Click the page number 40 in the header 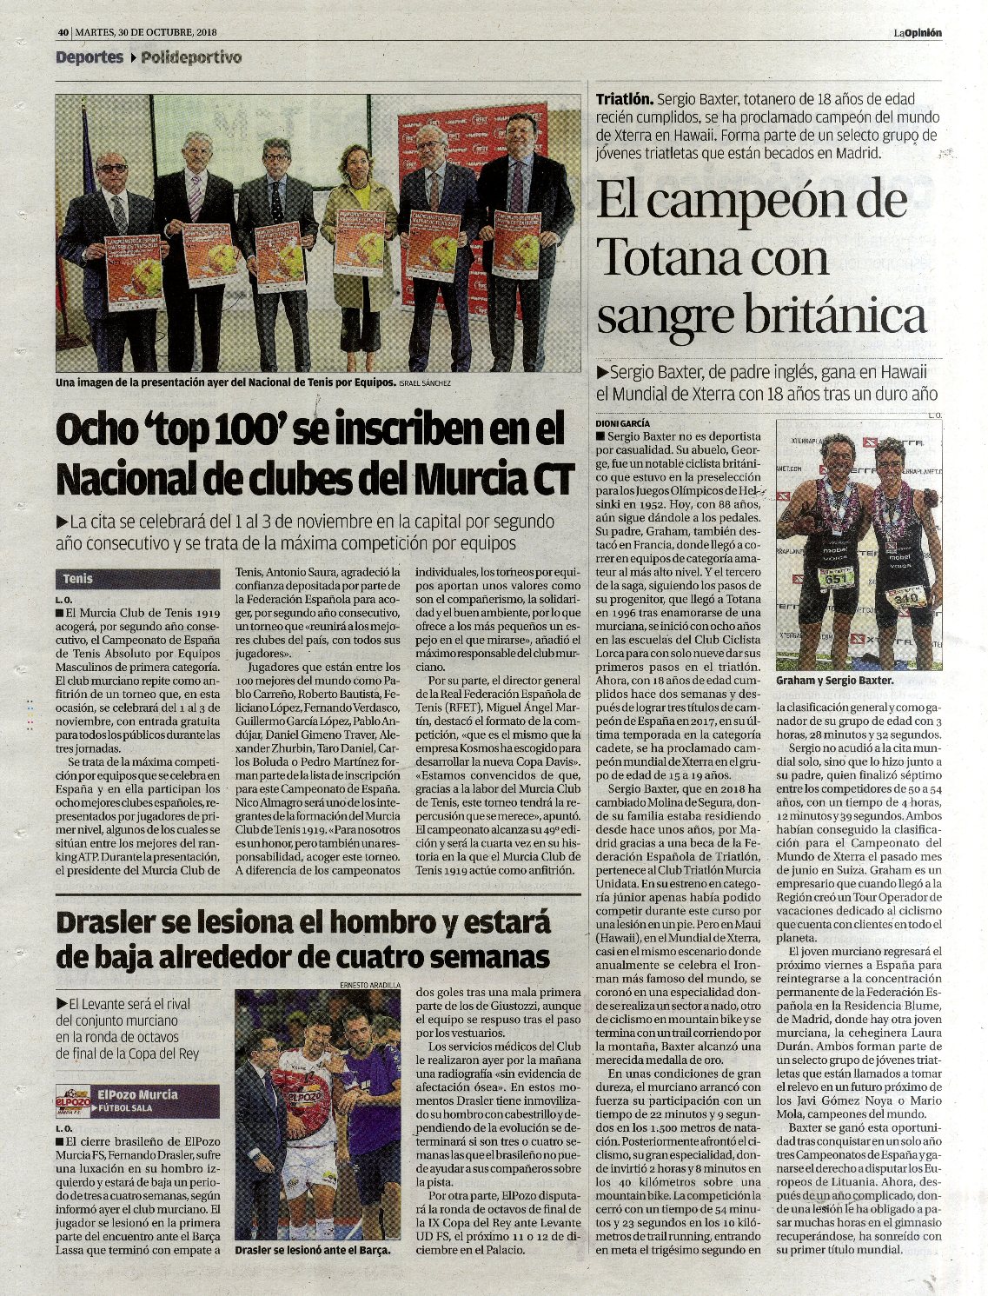[63, 32]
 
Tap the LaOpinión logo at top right [917, 33]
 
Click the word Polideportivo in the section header [191, 58]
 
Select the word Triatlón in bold [623, 99]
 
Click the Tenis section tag [78, 579]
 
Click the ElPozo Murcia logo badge [76, 1098]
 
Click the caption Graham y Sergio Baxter [834, 681]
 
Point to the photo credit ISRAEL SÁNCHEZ [426, 382]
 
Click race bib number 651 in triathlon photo [837, 578]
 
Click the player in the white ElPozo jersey [304, 1104]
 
